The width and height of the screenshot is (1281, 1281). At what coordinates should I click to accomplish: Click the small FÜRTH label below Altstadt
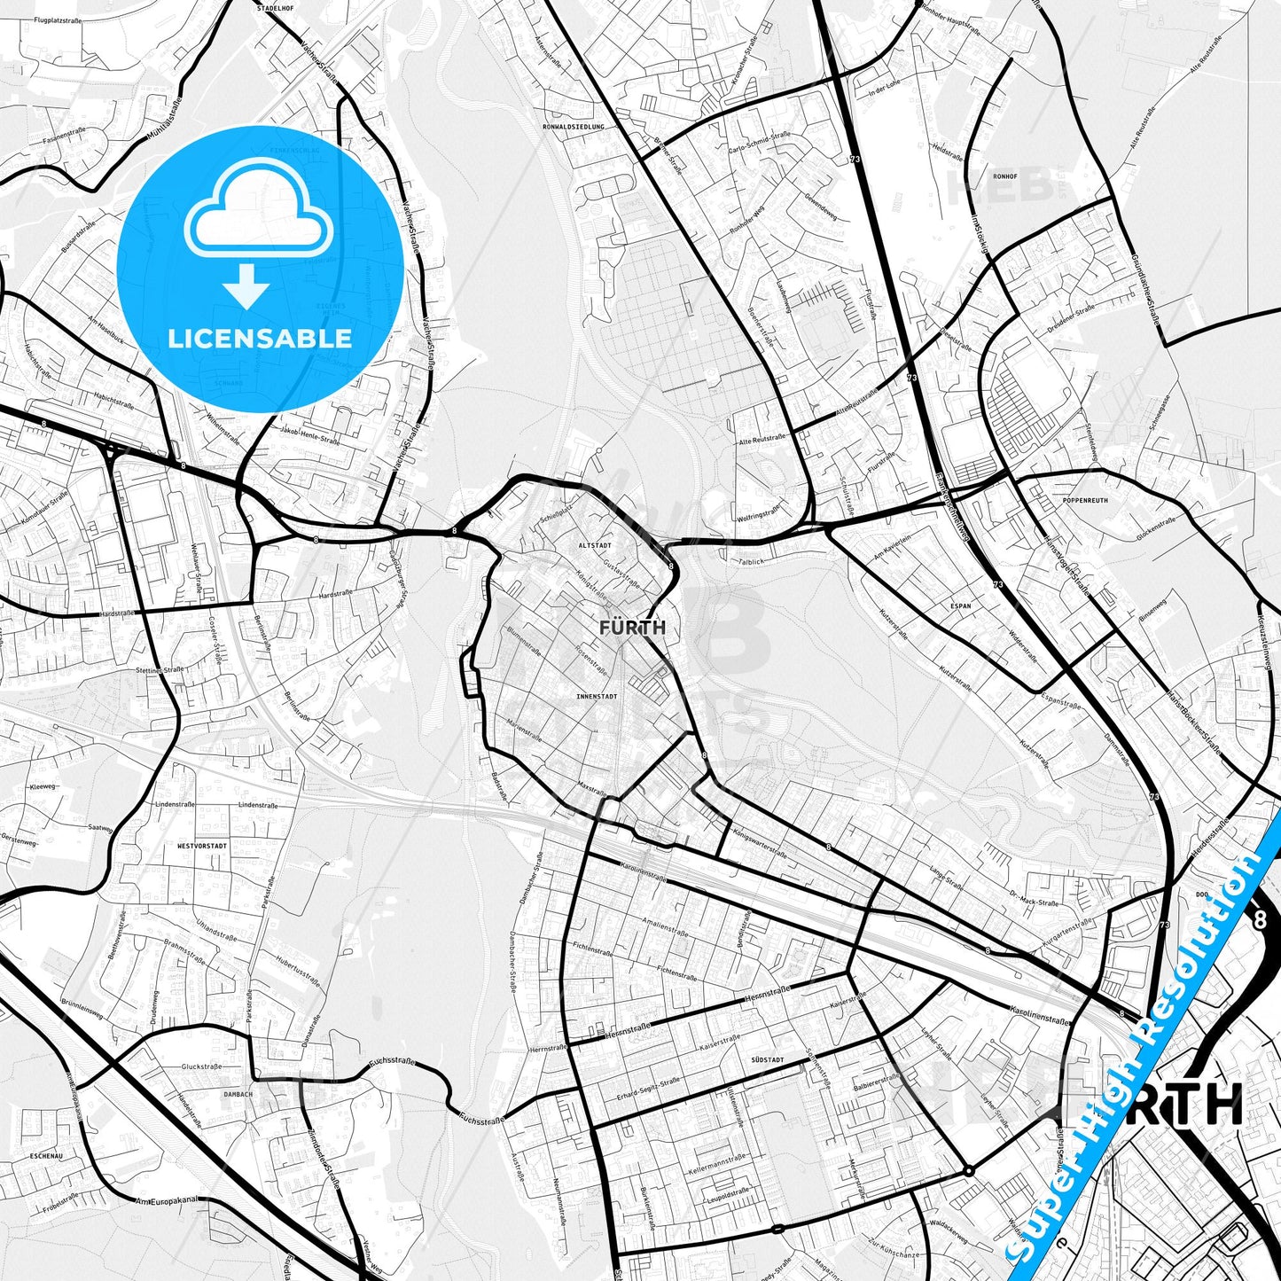pos(632,628)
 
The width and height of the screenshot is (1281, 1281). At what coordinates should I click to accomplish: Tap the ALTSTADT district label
pos(595,545)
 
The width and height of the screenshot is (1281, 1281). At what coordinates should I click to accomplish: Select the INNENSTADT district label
pos(596,697)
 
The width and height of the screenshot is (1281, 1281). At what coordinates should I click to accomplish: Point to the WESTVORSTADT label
pos(201,847)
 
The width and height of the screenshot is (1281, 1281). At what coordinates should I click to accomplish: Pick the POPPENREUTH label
pos(1084,501)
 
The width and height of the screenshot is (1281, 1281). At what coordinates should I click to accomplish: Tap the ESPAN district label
pos(961,606)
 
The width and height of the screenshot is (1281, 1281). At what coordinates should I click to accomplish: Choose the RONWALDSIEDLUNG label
pos(574,127)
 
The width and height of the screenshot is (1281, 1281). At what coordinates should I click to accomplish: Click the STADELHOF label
pos(275,7)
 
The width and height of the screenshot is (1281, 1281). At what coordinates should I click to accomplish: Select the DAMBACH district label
pos(238,1095)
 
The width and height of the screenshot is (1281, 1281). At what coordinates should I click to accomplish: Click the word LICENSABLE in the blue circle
pos(260,338)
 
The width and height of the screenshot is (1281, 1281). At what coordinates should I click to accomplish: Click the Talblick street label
pos(750,561)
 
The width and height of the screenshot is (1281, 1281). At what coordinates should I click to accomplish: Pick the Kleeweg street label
pos(43,786)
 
